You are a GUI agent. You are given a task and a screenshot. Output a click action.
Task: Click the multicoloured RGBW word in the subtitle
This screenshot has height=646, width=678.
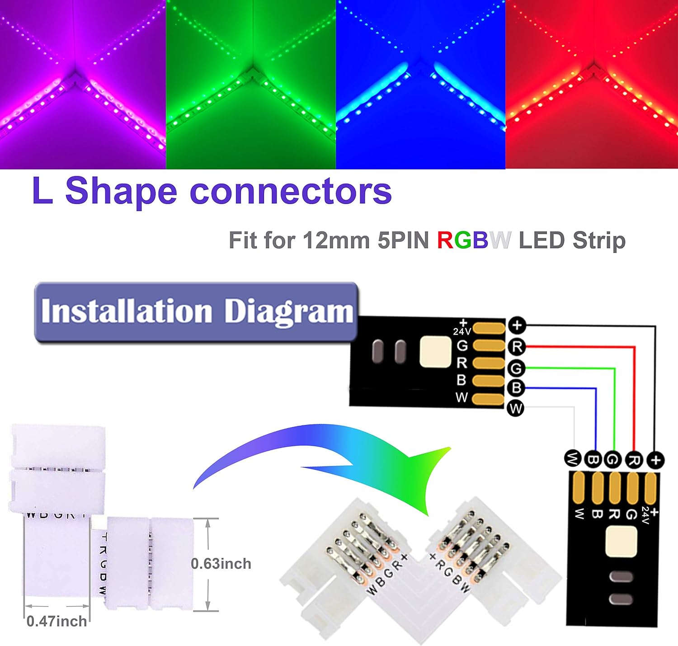(x=474, y=240)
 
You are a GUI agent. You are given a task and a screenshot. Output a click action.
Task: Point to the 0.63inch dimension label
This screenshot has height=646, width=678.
(x=221, y=564)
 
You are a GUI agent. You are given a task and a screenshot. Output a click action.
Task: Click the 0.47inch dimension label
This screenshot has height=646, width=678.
(x=56, y=621)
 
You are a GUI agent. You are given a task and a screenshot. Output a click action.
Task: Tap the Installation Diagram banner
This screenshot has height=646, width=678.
(x=196, y=311)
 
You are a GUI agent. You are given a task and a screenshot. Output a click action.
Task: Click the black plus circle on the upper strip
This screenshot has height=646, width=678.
(x=517, y=325)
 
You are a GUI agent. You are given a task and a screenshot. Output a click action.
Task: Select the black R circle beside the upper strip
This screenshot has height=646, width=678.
(x=517, y=347)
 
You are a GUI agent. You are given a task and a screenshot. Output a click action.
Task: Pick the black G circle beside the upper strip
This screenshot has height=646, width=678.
(x=516, y=368)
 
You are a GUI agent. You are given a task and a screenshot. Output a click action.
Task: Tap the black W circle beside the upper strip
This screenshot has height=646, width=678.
(x=516, y=408)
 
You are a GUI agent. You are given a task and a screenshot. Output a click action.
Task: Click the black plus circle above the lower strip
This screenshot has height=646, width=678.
(x=655, y=460)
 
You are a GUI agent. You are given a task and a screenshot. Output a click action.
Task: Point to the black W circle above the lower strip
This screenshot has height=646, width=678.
(x=573, y=459)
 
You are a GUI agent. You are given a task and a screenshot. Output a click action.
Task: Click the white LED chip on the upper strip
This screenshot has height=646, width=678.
(x=435, y=352)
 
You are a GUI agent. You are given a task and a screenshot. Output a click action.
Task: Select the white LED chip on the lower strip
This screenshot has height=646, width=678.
(x=620, y=541)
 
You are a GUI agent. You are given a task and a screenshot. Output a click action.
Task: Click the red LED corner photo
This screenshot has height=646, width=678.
(x=591, y=84)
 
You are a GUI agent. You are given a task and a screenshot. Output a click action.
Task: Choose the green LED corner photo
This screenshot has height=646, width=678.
(x=251, y=84)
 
